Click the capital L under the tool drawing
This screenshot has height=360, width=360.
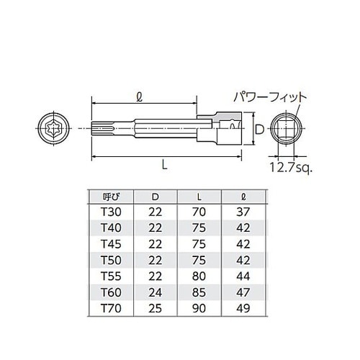(x=165, y=165)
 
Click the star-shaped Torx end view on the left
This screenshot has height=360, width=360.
(x=55, y=130)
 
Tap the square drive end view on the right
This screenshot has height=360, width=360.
(x=287, y=130)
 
